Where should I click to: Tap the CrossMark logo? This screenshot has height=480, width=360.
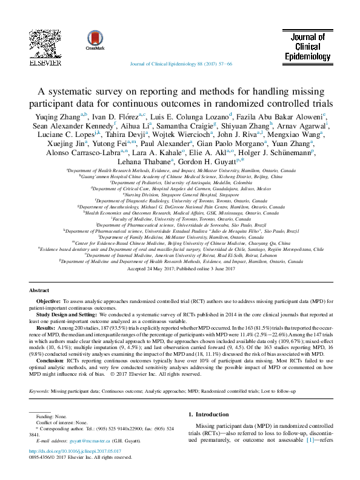tap(95, 38)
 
